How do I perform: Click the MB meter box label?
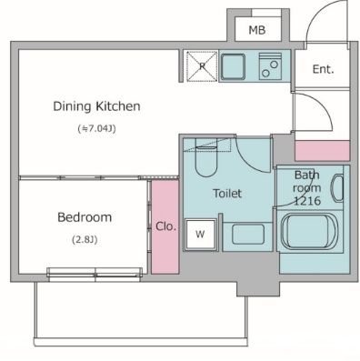tap(257, 30)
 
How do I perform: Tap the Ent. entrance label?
tap(323, 69)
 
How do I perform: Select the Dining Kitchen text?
tap(96, 106)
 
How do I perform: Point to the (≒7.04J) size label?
tap(97, 129)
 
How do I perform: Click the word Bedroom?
tap(85, 217)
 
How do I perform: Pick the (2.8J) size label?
tap(85, 240)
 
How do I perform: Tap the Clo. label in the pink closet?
tap(165, 226)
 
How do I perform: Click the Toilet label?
tap(227, 194)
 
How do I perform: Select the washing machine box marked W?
tap(200, 234)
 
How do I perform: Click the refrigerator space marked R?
tap(202, 66)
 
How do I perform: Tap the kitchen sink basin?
tap(233, 66)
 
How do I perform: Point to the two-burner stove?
tap(270, 66)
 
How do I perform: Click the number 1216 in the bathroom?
tap(307, 201)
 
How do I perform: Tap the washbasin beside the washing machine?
tap(248, 235)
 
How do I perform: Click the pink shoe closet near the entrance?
tap(323, 150)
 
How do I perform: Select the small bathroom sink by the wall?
tap(338, 188)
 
